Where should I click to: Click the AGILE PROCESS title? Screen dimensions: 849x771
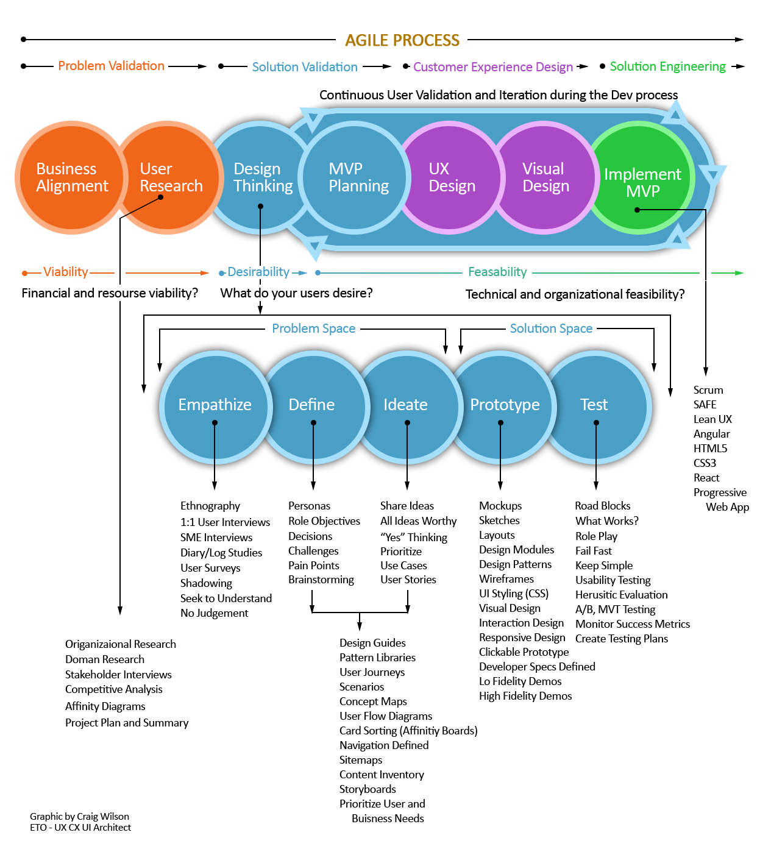click(402, 40)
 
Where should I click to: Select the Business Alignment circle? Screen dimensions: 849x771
click(71, 177)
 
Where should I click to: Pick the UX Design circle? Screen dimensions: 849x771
click(450, 177)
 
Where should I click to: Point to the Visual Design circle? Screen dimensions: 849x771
click(544, 177)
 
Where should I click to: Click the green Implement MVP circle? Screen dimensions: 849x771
click(641, 177)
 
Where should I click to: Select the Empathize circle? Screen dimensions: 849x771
click(215, 405)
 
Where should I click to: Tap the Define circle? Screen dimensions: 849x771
click(312, 405)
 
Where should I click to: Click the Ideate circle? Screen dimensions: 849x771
click(406, 405)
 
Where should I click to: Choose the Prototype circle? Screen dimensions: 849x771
click(504, 405)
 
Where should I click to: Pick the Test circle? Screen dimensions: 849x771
click(595, 405)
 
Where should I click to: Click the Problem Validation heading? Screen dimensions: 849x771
click(111, 66)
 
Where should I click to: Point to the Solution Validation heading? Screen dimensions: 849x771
click(305, 67)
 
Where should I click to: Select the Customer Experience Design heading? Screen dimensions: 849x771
click(493, 67)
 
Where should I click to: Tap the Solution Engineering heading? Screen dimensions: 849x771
click(667, 66)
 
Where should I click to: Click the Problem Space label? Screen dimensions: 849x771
click(313, 329)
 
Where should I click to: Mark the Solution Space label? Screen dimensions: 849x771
click(551, 329)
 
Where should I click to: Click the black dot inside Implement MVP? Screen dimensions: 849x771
click(637, 210)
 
